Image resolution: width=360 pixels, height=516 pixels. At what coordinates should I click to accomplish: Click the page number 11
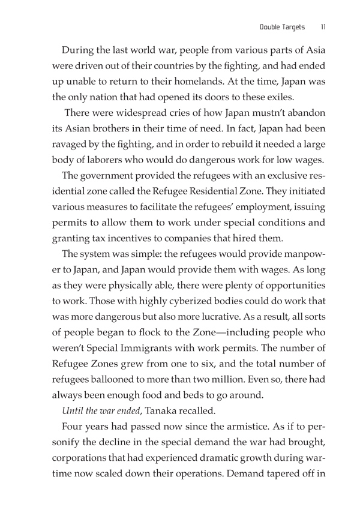pos(323,26)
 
